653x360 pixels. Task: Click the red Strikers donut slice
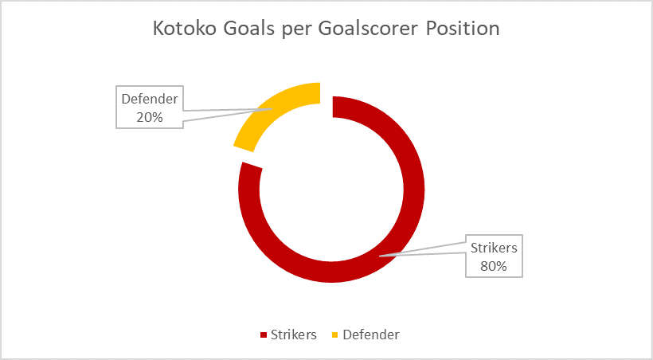[x=414, y=190]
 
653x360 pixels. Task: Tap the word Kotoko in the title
[x=185, y=29]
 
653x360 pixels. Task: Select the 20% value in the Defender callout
[x=150, y=117]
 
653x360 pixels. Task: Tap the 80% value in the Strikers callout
[x=494, y=266]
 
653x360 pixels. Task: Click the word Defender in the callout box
[x=150, y=100]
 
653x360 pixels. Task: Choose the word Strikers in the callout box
[x=494, y=248]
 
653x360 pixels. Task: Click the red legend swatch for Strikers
[x=264, y=335]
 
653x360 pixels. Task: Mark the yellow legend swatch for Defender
[x=335, y=335]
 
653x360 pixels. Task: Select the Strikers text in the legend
[x=294, y=335]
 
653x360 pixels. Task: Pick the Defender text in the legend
[x=371, y=335]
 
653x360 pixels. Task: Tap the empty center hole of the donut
[x=331, y=190]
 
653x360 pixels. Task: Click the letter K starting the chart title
[x=158, y=29]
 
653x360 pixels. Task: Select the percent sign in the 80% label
[x=502, y=266]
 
